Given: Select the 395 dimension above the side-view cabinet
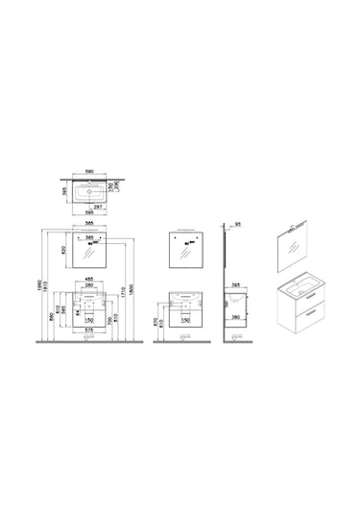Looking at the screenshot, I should [236, 285].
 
